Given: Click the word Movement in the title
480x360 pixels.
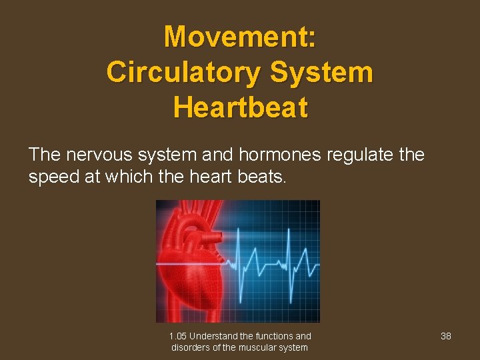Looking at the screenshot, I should tap(236, 37).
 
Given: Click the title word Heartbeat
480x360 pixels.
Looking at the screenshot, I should tap(240, 107).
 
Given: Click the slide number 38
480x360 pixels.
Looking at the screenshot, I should tap(446, 336).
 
